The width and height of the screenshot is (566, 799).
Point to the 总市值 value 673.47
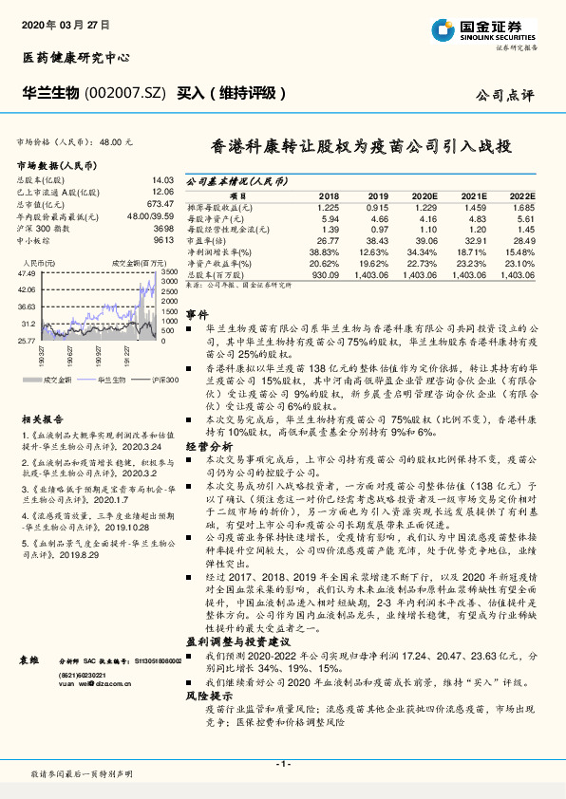160,202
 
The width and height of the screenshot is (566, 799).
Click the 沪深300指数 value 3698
163,229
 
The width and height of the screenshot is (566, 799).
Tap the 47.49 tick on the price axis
27,273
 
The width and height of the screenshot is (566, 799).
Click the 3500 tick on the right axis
169,271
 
